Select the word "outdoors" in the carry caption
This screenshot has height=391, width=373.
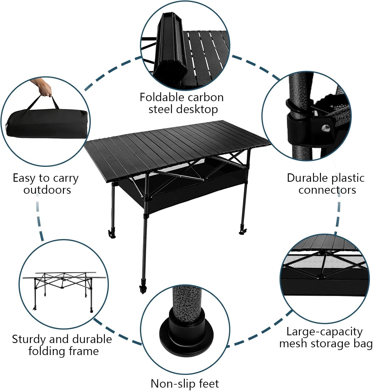click(47, 190)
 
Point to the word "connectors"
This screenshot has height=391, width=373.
click(327, 190)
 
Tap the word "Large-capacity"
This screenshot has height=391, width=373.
click(324, 332)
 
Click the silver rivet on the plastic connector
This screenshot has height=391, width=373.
click(325, 128)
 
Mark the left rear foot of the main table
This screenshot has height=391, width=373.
click(112, 234)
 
